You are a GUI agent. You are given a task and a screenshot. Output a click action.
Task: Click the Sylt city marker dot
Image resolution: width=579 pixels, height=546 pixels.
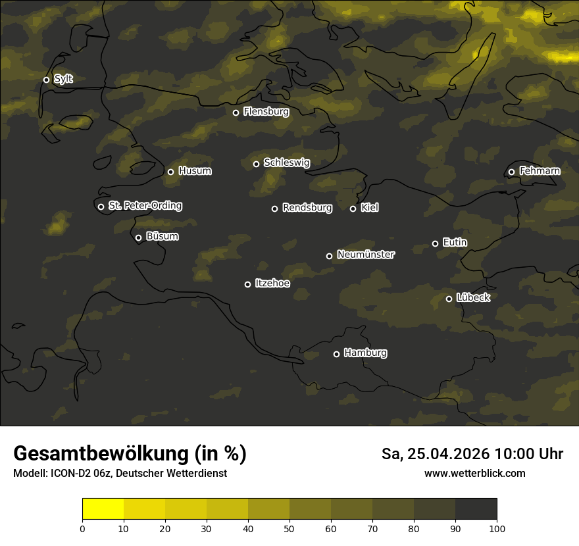click(x=46, y=80)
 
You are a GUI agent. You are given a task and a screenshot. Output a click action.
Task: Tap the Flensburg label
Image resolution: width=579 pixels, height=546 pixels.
click(x=266, y=112)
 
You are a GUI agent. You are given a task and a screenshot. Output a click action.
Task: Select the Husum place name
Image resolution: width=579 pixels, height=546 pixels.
click(x=195, y=171)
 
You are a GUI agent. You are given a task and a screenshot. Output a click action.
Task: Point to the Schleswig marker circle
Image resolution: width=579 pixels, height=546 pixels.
click(x=256, y=164)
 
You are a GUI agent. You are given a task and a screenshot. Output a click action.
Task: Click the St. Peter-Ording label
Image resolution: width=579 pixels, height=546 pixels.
click(x=145, y=206)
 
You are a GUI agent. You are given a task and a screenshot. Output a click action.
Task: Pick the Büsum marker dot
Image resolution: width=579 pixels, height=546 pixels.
click(x=138, y=238)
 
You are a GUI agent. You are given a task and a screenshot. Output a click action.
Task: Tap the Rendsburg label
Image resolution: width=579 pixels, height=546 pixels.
click(x=307, y=208)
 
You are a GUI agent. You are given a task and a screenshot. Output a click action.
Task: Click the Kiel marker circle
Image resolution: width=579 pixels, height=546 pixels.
click(x=353, y=209)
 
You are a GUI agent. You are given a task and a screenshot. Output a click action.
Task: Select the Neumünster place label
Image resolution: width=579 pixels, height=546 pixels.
click(x=366, y=255)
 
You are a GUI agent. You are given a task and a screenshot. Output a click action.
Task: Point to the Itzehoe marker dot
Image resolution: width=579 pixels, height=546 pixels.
click(x=247, y=284)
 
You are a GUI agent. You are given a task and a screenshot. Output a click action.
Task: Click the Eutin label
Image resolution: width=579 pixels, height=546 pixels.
click(x=455, y=243)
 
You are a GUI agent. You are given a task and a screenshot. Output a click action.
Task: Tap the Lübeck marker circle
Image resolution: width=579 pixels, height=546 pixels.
click(x=449, y=299)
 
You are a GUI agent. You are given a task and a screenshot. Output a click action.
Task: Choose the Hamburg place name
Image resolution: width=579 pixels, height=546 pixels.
click(x=365, y=353)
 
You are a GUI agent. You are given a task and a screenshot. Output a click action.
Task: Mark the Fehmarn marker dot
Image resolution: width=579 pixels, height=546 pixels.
click(x=511, y=172)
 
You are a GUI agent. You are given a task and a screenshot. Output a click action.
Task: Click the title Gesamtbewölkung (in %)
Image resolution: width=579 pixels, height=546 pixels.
click(x=130, y=454)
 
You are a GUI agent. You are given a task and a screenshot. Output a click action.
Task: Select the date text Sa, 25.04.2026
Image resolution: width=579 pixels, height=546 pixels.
click(x=435, y=455)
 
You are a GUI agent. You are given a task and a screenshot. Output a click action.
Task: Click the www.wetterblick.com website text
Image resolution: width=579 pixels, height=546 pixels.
click(x=474, y=474)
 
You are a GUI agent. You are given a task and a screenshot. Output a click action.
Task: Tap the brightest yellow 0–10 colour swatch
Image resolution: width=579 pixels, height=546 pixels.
click(x=103, y=509)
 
